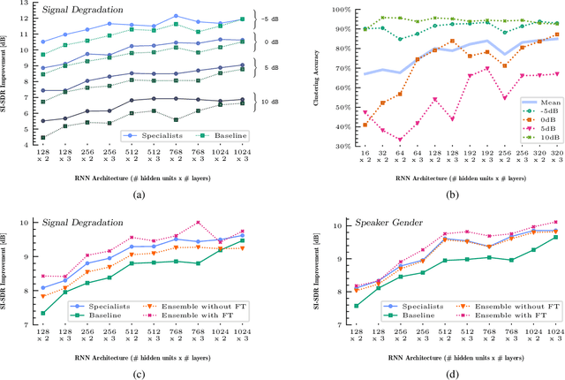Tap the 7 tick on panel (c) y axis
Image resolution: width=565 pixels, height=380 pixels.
[28, 323]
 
